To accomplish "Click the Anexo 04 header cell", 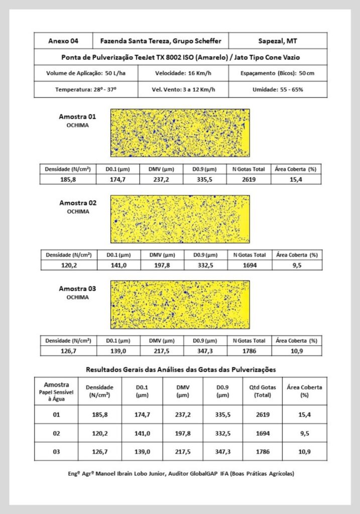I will click(63, 41).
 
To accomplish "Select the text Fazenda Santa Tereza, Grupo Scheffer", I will click(161, 41).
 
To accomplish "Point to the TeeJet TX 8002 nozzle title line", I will click(180, 57).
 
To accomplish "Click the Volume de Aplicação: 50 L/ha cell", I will click(85, 73).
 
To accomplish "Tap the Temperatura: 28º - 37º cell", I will click(85, 89).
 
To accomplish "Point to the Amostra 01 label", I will click(77, 116).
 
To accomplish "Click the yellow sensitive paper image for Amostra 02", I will click(179, 219).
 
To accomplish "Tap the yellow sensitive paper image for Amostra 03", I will click(179, 305).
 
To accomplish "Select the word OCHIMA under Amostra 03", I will click(77, 297).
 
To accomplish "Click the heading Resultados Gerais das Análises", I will click(181, 369).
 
